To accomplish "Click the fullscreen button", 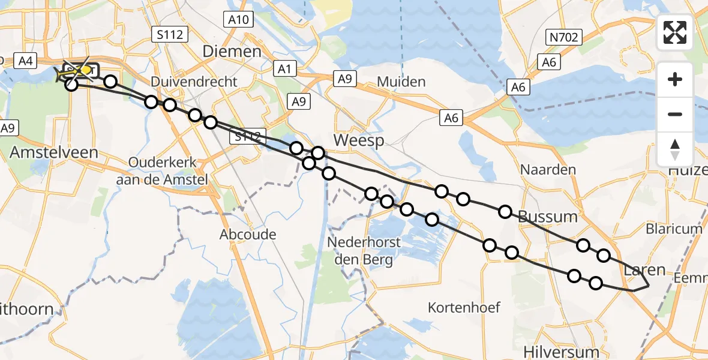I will coord(675,32).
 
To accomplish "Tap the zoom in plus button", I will coord(675,79).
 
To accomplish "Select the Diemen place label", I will coord(232,52).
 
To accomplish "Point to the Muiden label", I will coord(401,82).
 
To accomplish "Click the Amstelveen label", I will coord(53,152).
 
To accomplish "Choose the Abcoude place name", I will coord(248,234).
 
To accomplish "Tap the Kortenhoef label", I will coord(464,308).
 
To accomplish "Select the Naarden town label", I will coord(548,170).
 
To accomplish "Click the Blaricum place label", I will coord(674,229).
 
